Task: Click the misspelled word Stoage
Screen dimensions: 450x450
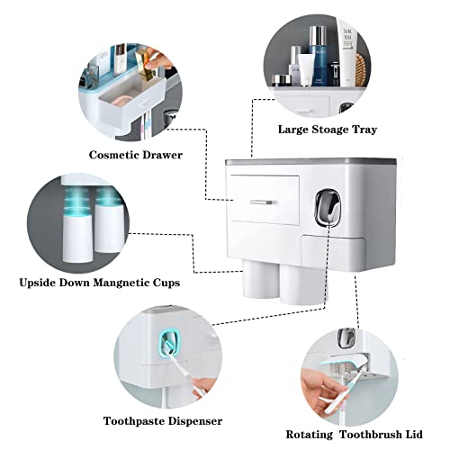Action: pos(324,129)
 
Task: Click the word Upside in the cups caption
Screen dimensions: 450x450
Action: pos(42,283)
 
